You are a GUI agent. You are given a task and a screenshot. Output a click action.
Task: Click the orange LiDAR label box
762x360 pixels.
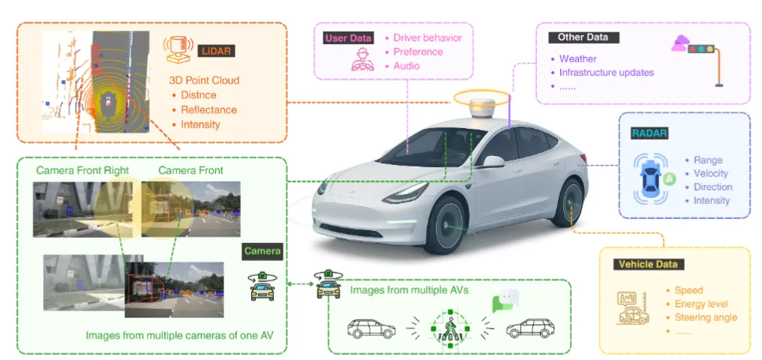[214, 50]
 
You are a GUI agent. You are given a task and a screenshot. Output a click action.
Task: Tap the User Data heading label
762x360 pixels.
[349, 38]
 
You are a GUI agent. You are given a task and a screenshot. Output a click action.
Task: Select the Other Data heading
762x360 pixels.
[583, 37]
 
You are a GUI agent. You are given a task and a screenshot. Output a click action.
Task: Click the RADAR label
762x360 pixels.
[649, 133]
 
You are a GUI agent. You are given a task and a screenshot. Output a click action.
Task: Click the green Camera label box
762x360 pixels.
[262, 251]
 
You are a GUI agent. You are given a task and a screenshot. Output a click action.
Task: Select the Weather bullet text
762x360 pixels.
[577, 58]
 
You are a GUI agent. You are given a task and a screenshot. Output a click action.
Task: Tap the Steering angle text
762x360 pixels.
[706, 317]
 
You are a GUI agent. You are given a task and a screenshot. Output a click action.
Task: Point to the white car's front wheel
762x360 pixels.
[449, 226]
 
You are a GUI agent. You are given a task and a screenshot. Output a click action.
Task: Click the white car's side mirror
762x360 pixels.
[493, 160]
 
